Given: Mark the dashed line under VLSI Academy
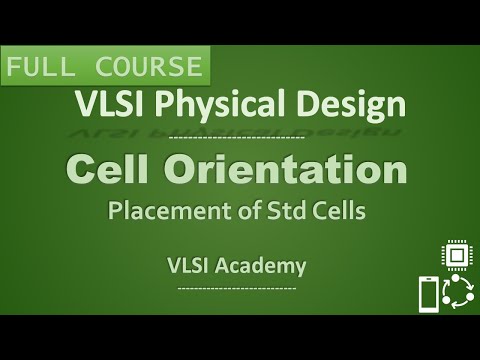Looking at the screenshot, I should (236, 288).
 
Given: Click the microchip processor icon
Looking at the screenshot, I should (456, 256).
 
